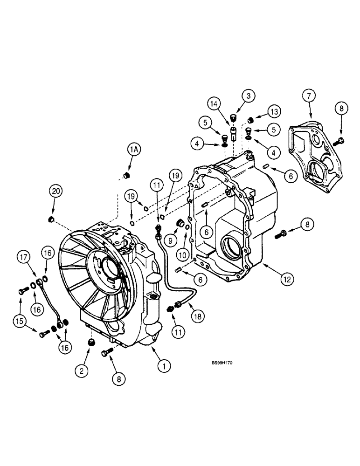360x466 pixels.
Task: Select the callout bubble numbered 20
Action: coord(56,192)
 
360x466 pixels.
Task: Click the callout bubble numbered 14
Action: coord(214,103)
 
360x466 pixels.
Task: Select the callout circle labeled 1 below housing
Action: coord(164,367)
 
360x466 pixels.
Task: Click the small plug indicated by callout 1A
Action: coord(125,176)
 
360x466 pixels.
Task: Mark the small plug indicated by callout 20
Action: coord(52,219)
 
